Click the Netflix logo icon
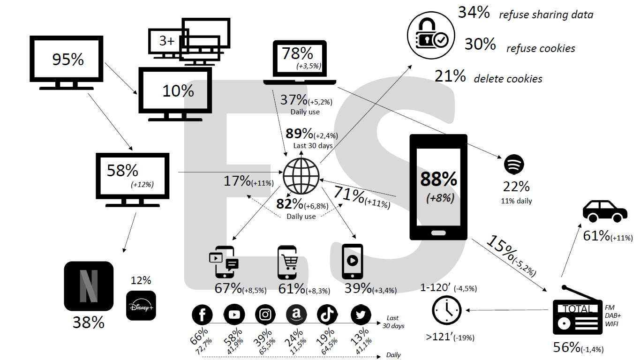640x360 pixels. pyautogui.click(x=89, y=285)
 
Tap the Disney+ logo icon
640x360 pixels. pyautogui.click(x=141, y=306)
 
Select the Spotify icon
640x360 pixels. pyautogui.click(x=514, y=165)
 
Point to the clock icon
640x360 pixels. pyautogui.click(x=446, y=310)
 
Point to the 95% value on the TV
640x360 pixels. pyautogui.click(x=68, y=60)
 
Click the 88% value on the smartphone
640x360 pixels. pyautogui.click(x=438, y=179)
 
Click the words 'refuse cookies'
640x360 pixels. pyautogui.click(x=541, y=48)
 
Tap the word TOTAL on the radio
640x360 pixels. pyautogui.click(x=577, y=309)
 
